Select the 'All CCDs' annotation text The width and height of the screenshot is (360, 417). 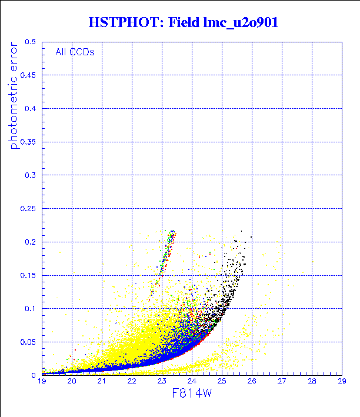click(x=75, y=52)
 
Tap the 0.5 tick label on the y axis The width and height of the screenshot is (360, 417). click(x=31, y=42)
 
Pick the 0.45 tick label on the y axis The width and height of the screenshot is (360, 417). click(x=28, y=75)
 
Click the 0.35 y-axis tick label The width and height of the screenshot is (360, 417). click(x=28, y=142)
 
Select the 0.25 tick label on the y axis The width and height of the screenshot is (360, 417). click(x=28, y=208)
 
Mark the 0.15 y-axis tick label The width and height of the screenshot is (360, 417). click(x=28, y=275)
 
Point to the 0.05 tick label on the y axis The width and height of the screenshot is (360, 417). click(x=28, y=341)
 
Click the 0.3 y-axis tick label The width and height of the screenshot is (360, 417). click(x=31, y=175)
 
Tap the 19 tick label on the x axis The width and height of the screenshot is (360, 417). click(x=42, y=382)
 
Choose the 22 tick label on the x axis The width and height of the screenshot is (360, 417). click(x=132, y=382)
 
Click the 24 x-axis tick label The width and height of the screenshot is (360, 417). click(x=192, y=382)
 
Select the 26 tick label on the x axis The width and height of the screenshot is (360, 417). click(x=251, y=382)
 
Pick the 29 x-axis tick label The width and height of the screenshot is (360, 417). click(x=341, y=382)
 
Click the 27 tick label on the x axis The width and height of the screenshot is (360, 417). click(x=281, y=382)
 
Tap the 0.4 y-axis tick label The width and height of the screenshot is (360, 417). click(x=31, y=109)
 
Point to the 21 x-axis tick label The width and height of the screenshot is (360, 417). click(x=102, y=382)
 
